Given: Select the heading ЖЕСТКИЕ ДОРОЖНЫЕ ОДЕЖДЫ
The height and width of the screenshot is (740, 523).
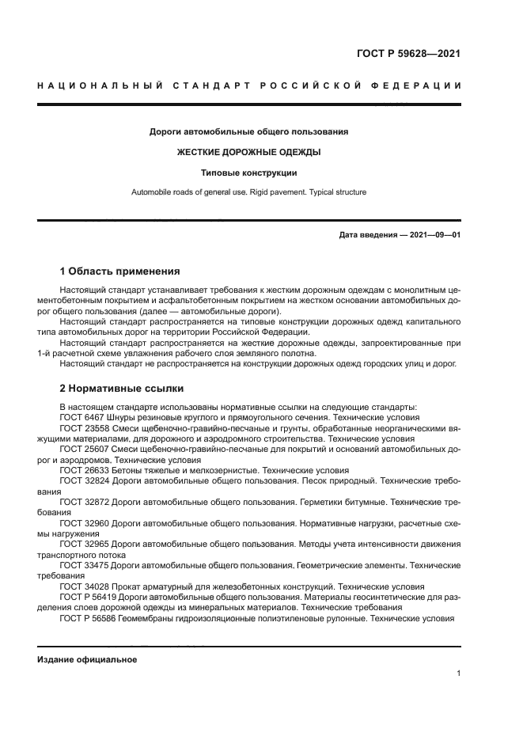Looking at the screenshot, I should [x=248, y=152].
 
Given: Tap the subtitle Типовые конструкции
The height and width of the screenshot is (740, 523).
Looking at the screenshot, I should [x=248, y=172].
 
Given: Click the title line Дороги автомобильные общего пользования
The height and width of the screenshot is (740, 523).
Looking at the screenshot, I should [x=248, y=131].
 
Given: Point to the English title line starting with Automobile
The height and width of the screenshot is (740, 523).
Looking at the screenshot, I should [x=248, y=192].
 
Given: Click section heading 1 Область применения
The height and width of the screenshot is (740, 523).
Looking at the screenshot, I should [x=119, y=271].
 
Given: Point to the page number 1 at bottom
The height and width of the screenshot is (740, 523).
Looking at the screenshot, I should [x=458, y=674].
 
